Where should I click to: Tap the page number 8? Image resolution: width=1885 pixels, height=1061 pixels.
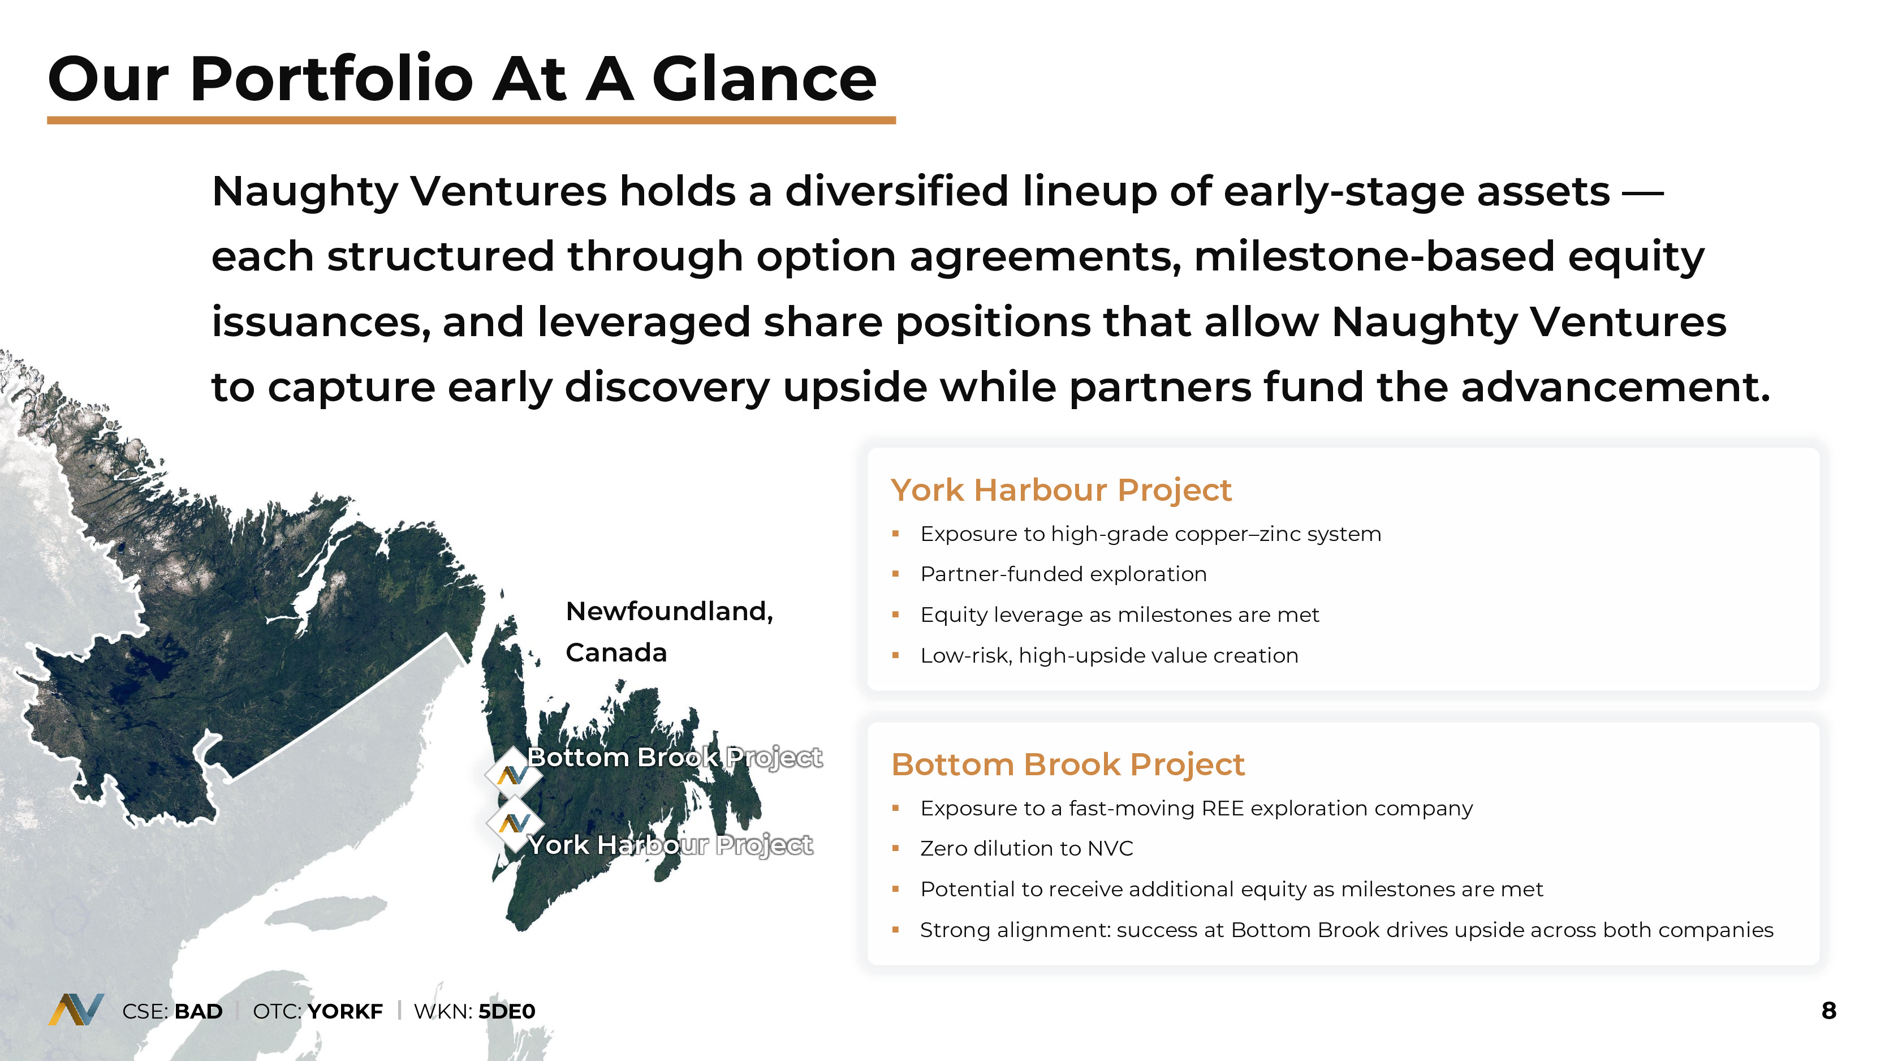point(1828,1011)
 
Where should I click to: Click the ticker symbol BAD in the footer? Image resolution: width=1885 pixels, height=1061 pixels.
point(199,1011)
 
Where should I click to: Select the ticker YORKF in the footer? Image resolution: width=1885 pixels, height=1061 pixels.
point(344,1011)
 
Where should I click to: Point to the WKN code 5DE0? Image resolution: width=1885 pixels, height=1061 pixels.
point(506,1011)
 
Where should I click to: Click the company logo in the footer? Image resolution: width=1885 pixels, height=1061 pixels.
point(76,1009)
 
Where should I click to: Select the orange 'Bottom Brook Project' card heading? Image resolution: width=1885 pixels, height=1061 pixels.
point(1068,764)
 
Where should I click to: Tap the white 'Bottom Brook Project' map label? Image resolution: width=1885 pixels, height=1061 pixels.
point(675,757)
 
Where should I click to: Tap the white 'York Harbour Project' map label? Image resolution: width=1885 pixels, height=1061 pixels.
point(670,845)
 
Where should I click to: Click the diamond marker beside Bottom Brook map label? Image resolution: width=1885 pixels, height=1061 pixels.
point(513,773)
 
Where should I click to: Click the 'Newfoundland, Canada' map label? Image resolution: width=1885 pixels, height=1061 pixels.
point(670,631)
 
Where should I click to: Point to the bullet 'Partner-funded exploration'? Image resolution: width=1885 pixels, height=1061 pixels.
point(1063,574)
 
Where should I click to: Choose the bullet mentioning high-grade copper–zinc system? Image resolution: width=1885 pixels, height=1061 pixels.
point(1151,534)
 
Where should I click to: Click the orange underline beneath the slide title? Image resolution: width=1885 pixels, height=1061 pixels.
point(471,120)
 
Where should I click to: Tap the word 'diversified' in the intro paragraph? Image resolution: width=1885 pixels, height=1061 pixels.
point(897,191)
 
